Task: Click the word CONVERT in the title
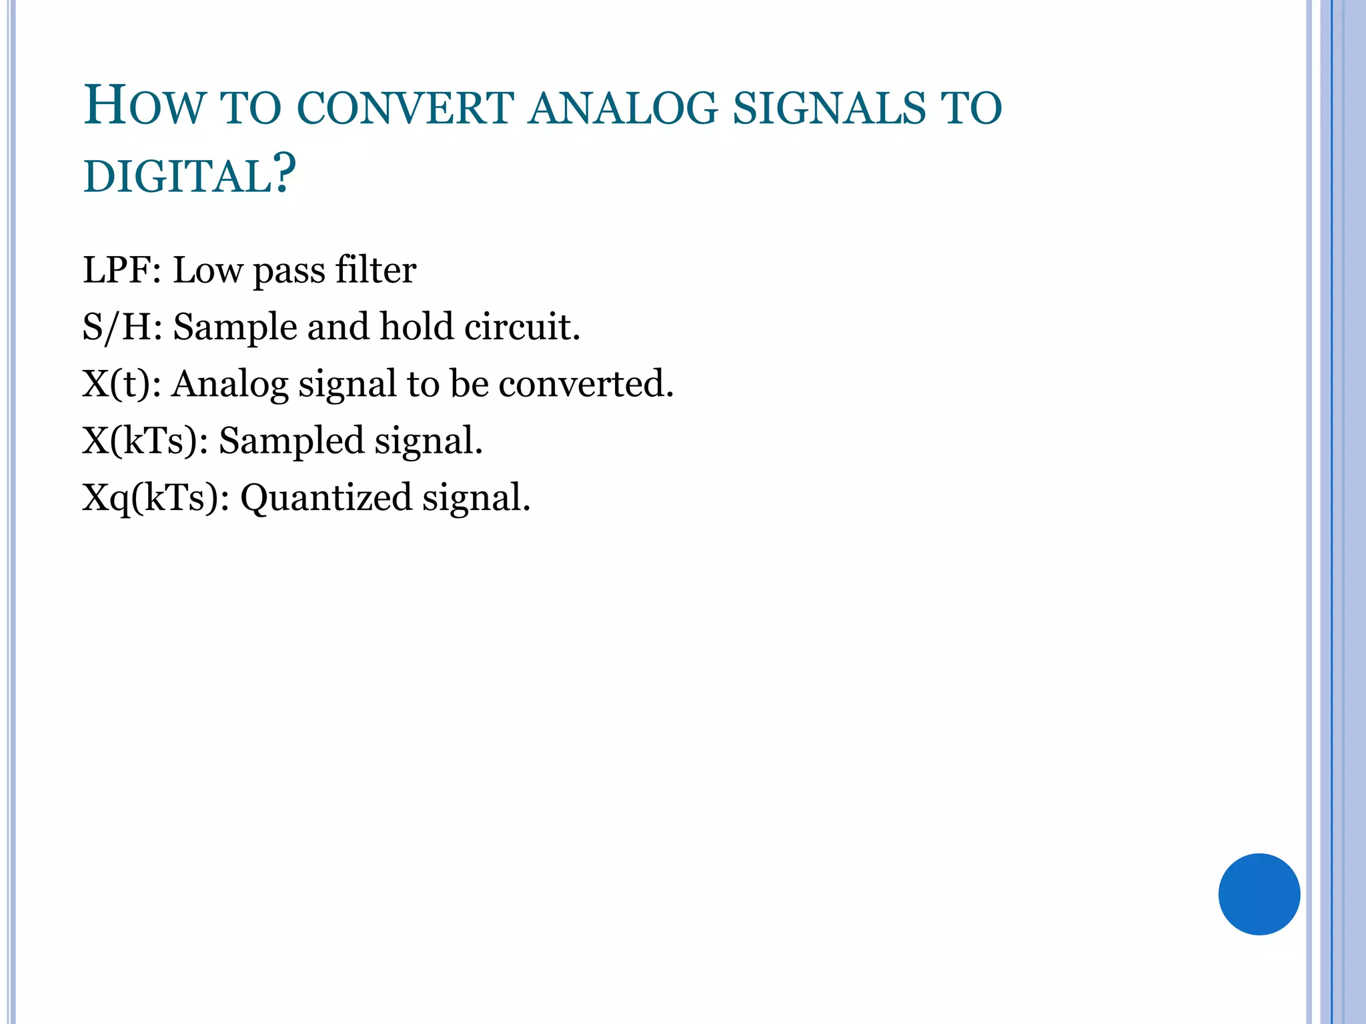coord(406,108)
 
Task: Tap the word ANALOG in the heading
coord(623,108)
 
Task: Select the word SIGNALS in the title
coord(830,108)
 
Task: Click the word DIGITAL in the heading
coord(177,177)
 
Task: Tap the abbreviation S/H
coord(117,327)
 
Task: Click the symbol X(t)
coord(117,385)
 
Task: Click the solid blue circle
coord(1259,894)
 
